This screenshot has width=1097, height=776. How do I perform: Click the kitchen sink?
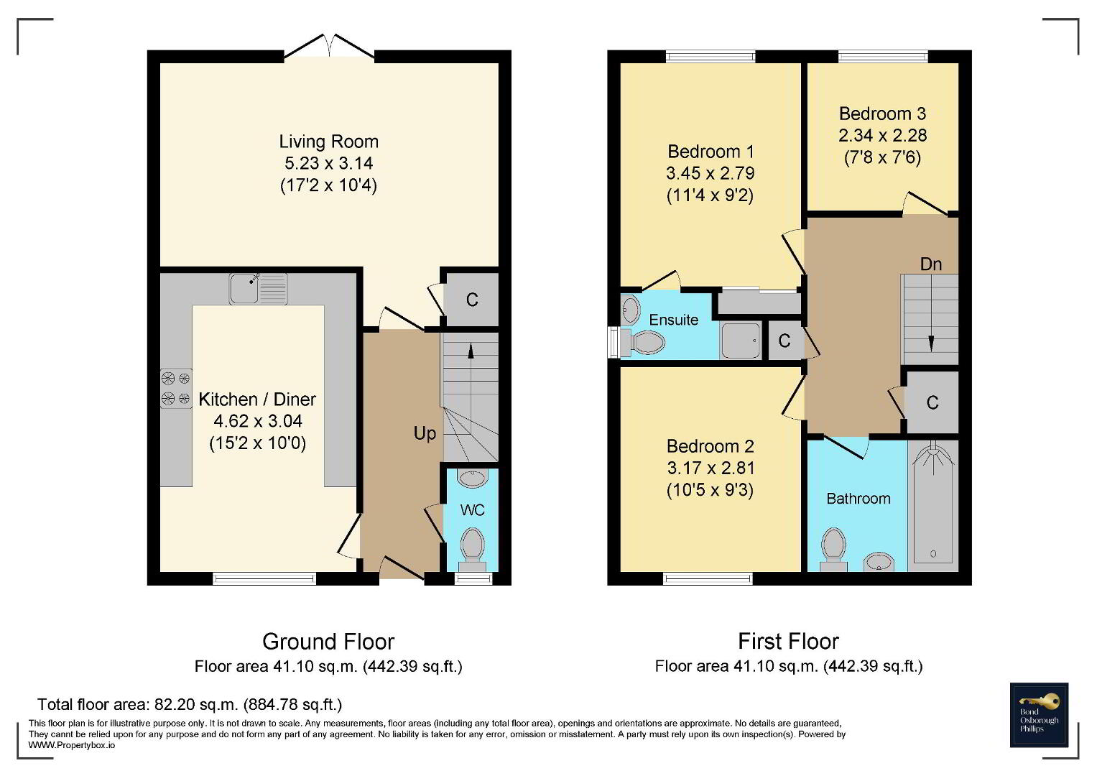pos(258,289)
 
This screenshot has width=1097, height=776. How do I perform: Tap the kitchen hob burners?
pos(176,388)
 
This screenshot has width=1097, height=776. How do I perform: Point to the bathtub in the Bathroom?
pos(933,505)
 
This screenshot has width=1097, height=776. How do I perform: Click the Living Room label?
pos(328,142)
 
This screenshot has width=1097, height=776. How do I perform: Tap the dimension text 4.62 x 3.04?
pos(258,421)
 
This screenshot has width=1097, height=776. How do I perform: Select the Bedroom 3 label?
pos(882,114)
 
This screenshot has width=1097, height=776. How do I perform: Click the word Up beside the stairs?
pos(425,433)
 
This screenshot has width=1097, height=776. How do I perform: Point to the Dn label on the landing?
pos(930,264)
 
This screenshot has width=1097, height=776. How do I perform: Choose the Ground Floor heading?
pos(328,641)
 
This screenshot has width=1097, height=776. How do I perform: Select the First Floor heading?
pos(789,641)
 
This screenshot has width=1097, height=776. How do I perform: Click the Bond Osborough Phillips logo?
pos(1039,715)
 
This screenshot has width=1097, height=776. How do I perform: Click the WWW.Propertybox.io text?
pos(72,745)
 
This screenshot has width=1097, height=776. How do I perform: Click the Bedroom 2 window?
pos(708,579)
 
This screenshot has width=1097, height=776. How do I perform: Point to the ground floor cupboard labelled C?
pos(471,300)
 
